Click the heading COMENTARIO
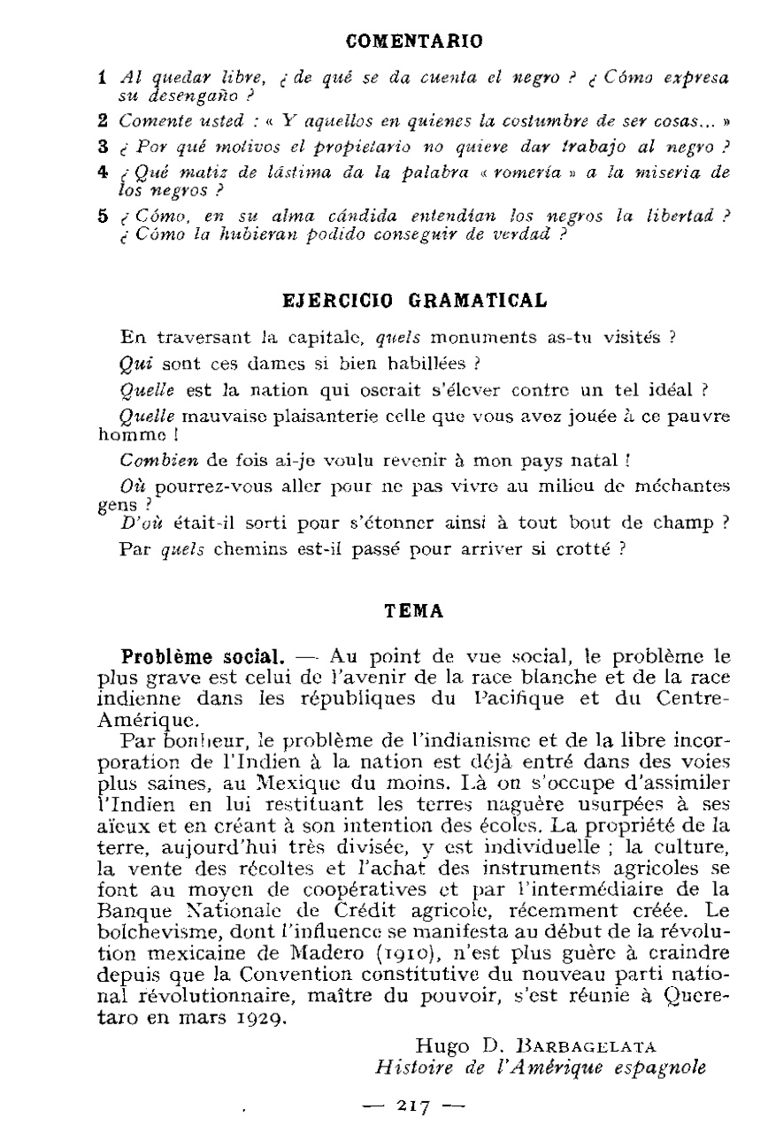point(413,41)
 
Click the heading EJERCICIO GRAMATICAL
point(413,300)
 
